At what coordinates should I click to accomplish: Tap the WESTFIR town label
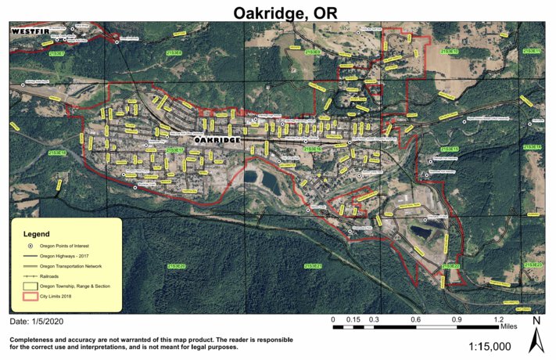30,31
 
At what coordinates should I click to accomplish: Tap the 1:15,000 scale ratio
490,346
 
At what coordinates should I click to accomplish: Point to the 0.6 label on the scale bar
415,319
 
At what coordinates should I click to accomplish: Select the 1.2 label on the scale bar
498,319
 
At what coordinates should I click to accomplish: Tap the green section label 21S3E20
176,266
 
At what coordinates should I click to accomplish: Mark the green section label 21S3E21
312,266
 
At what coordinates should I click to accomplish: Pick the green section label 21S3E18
58,153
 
